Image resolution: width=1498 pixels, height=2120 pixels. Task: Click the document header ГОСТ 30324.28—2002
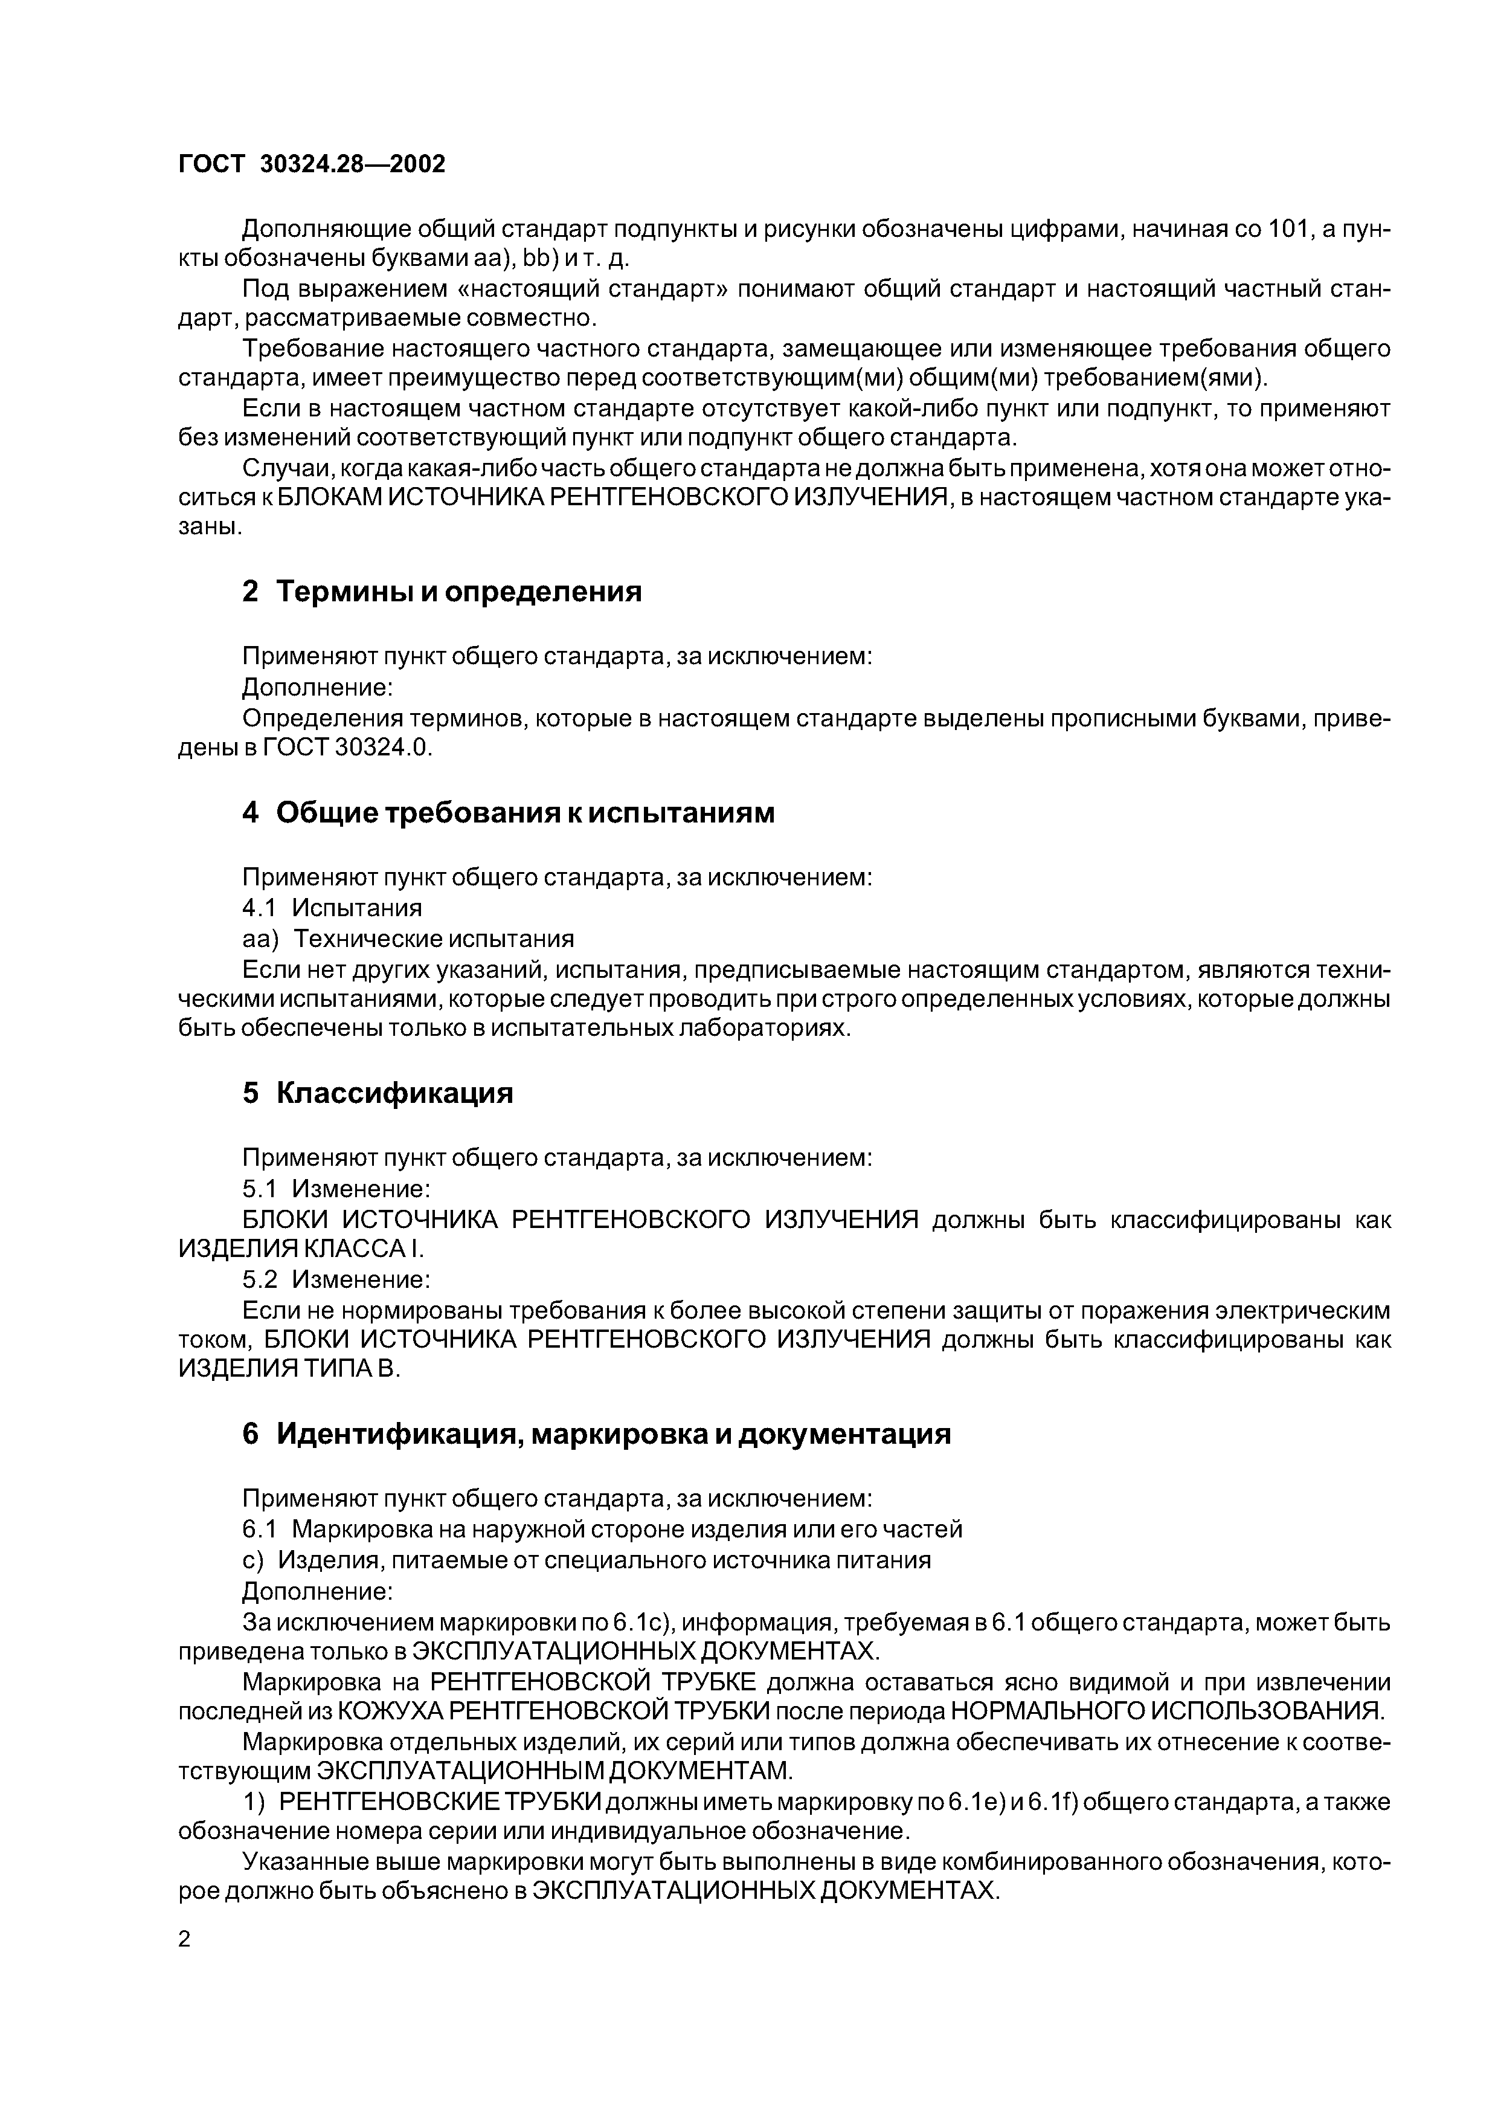(311, 164)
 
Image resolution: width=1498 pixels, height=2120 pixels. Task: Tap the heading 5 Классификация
(378, 1093)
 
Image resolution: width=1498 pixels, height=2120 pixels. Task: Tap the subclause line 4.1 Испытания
(332, 908)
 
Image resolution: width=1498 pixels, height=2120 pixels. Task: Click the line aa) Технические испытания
(407, 939)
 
